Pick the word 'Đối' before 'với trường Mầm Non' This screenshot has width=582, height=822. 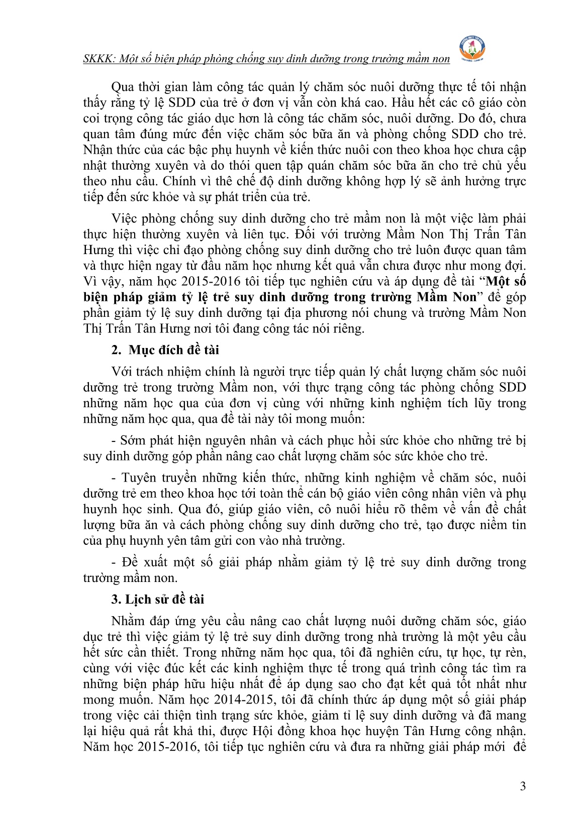306,234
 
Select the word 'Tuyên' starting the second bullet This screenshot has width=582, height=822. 137,478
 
